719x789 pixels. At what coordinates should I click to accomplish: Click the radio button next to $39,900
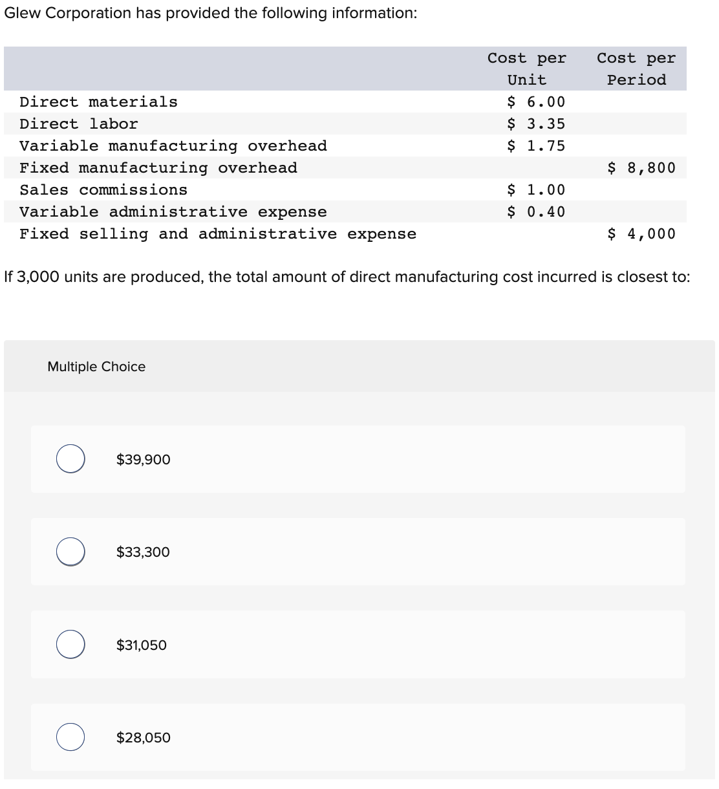(70, 459)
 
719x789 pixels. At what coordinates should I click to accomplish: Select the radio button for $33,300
(70, 552)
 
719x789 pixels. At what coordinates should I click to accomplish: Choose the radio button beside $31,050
(70, 645)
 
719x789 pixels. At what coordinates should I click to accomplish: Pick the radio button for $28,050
(70, 737)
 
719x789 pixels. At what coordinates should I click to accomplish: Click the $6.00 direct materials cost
(536, 102)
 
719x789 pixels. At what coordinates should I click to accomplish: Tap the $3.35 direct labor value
(536, 124)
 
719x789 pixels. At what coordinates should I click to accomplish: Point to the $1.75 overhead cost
(536, 146)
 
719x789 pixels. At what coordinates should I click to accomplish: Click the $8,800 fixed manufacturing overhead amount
(641, 168)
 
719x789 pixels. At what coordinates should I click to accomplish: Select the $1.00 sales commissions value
(536, 190)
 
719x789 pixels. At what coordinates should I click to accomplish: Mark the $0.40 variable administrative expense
(536, 212)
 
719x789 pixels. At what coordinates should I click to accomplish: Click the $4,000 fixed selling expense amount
(641, 234)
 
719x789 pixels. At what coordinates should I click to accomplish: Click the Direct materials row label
(98, 102)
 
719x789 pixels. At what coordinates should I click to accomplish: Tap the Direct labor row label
(79, 124)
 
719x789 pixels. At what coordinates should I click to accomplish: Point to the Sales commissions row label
(103, 190)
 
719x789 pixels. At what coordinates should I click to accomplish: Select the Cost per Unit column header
(527, 69)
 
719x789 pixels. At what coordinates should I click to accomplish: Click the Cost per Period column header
(636, 69)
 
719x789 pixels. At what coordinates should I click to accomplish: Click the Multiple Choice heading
(96, 367)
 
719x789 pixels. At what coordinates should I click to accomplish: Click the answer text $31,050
(142, 645)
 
